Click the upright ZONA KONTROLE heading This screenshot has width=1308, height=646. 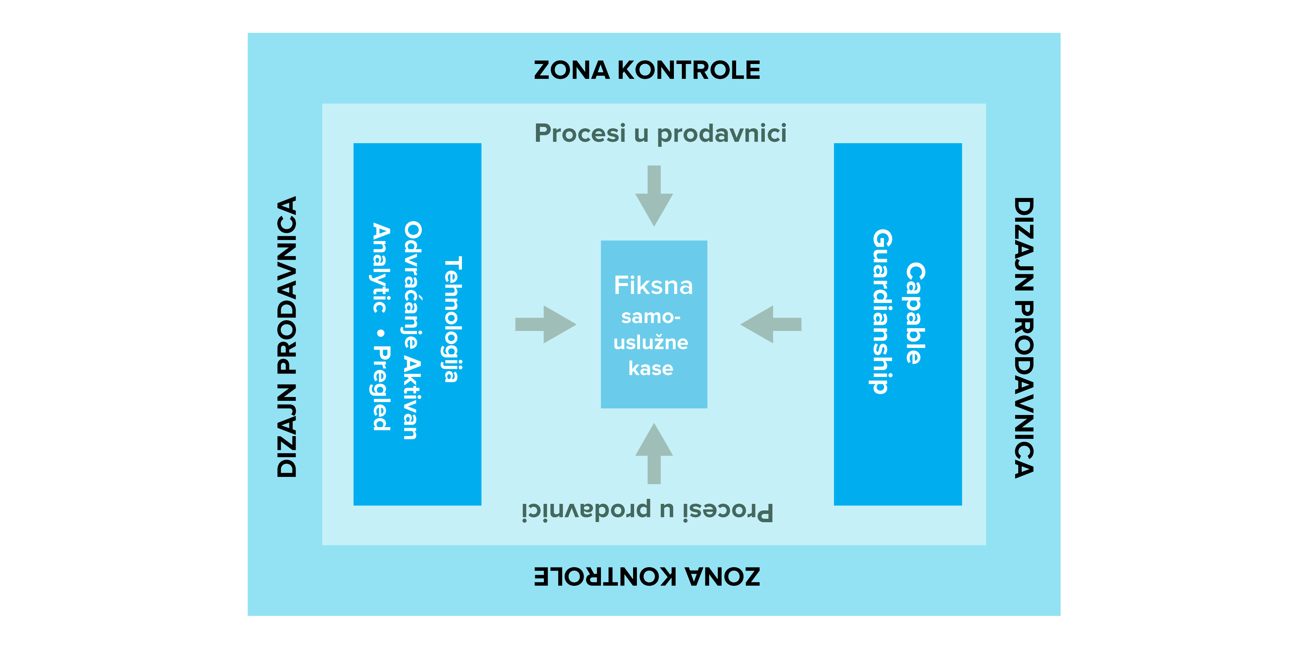[647, 70]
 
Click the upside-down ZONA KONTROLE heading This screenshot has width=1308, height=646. [647, 577]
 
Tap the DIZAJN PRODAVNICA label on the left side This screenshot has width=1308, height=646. [287, 337]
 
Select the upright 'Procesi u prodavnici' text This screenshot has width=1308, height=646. [660, 133]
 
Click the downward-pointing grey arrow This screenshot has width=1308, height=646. [654, 195]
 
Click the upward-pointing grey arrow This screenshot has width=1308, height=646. [654, 453]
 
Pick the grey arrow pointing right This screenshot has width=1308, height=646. [546, 324]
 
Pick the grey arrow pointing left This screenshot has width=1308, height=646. [771, 324]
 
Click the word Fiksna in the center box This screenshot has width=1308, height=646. [653, 285]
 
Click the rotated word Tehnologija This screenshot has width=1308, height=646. [452, 319]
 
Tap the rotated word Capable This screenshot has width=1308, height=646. [916, 313]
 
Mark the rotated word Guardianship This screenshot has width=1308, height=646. [882, 311]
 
